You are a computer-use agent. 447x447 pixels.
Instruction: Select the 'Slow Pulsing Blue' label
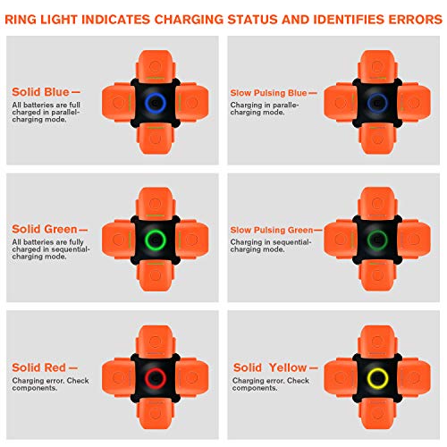click(x=271, y=92)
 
